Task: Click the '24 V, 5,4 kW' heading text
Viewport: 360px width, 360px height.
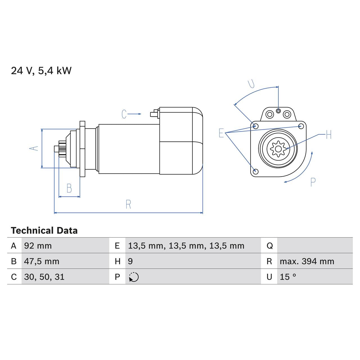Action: click(41, 71)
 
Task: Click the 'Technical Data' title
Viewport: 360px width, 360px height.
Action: click(44, 231)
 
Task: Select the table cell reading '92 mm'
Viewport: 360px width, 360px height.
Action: click(38, 246)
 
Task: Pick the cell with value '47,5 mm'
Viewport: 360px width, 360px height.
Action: click(42, 261)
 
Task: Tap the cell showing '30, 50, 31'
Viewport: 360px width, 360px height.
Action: click(44, 277)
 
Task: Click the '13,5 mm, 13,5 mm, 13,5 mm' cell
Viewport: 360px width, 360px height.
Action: click(186, 246)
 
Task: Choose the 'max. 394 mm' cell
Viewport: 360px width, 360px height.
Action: click(307, 261)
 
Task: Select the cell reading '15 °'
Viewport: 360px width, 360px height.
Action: click(288, 277)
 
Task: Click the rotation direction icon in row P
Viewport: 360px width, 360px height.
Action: click(134, 277)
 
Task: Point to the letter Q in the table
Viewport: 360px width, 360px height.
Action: click(269, 246)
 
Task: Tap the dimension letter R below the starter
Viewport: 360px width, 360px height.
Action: click(128, 204)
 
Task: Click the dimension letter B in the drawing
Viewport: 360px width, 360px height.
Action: click(69, 188)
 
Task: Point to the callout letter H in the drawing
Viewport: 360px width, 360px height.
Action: click(329, 135)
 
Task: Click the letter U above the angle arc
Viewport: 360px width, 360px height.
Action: click(251, 84)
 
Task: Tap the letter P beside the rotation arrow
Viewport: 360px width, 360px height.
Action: click(313, 182)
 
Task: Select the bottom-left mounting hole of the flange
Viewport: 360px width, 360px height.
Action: click(256, 171)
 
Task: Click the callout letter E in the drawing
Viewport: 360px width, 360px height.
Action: click(221, 133)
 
